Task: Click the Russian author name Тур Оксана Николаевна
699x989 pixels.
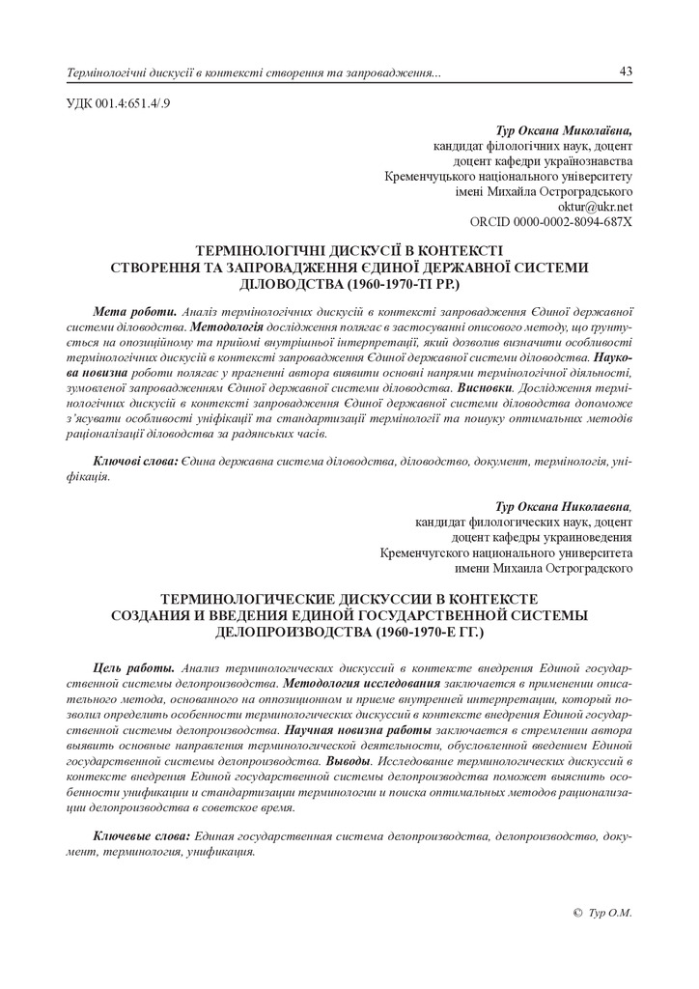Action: [x=564, y=505]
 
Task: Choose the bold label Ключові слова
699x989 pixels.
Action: [x=135, y=463]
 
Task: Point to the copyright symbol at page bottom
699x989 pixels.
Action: [x=577, y=912]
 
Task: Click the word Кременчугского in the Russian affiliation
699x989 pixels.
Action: [x=430, y=553]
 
